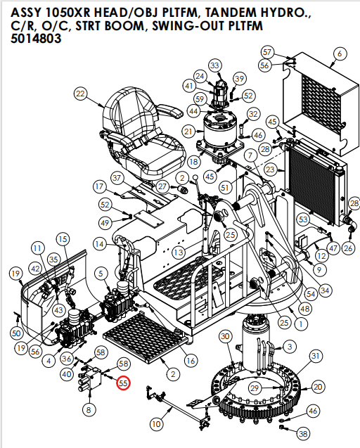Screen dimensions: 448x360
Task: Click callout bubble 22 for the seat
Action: pyautogui.click(x=81, y=94)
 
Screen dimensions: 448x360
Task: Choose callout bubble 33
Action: pyautogui.click(x=214, y=65)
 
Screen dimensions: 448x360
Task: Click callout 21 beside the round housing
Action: pyautogui.click(x=188, y=132)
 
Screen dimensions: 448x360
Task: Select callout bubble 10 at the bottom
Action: pyautogui.click(x=156, y=423)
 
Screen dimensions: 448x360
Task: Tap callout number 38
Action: pyautogui.click(x=302, y=433)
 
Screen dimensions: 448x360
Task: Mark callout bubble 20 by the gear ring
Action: pyautogui.click(x=318, y=387)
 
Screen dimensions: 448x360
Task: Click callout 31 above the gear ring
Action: pyautogui.click(x=316, y=357)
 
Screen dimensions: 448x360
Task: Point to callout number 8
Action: pyautogui.click(x=89, y=409)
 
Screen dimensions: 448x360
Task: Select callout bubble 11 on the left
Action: pyautogui.click(x=37, y=248)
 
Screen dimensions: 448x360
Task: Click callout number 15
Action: pyautogui.click(x=63, y=239)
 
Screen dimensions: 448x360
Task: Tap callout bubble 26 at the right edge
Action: pyautogui.click(x=348, y=248)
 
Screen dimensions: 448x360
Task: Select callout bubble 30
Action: pyautogui.click(x=225, y=338)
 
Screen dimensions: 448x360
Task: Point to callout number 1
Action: pyautogui.click(x=301, y=324)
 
